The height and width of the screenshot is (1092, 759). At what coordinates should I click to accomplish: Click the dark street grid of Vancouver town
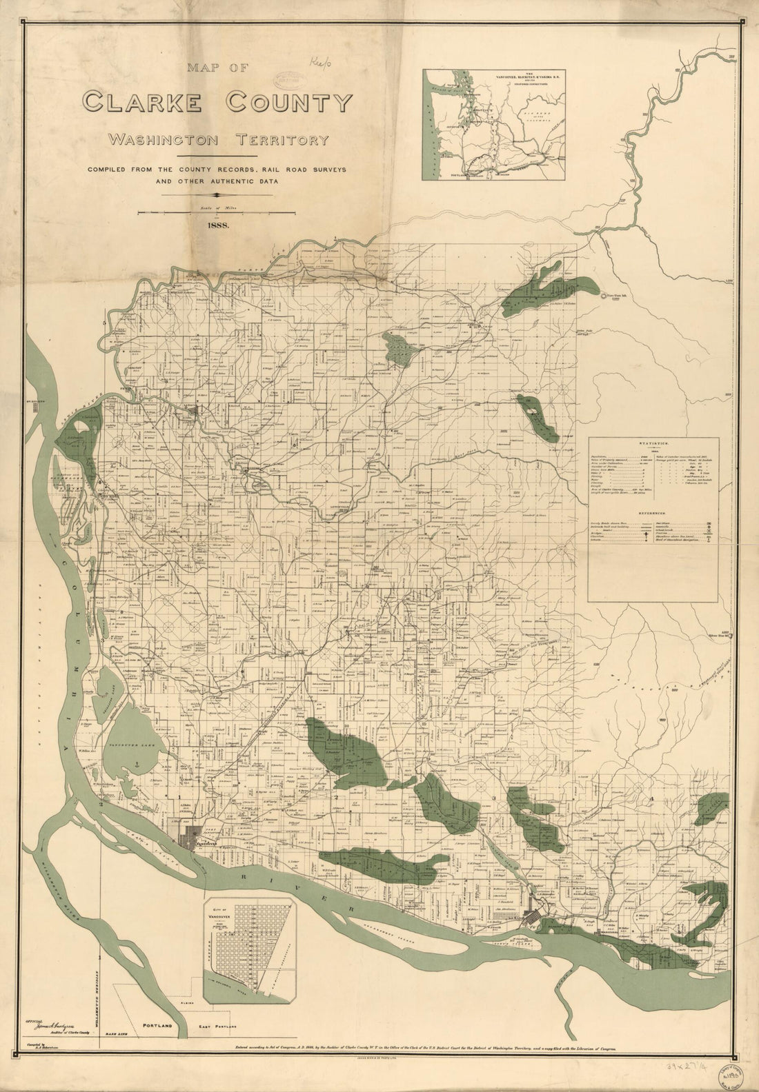click(x=188, y=841)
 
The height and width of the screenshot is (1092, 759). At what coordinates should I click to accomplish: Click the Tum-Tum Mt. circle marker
click(x=604, y=296)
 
